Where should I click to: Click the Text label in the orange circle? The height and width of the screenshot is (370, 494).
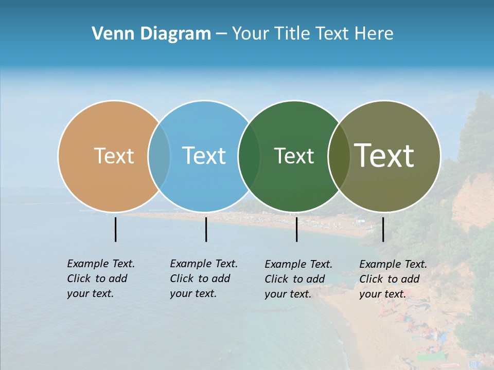click(114, 156)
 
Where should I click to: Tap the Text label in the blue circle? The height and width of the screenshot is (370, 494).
click(204, 156)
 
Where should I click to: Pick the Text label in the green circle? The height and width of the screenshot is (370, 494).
click(294, 156)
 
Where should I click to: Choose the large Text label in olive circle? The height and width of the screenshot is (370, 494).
click(384, 156)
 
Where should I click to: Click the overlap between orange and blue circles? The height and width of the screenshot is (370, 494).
click(159, 156)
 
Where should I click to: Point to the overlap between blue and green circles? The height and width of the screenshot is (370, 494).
click(249, 156)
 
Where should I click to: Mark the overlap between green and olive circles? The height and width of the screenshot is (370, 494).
click(338, 156)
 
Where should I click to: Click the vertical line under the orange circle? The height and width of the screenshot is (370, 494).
click(115, 229)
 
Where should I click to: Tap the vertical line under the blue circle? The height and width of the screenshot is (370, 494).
click(206, 229)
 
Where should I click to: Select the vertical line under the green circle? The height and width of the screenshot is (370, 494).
click(296, 229)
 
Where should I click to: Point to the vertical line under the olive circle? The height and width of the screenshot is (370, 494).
click(383, 229)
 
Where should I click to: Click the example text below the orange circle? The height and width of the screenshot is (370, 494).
click(101, 279)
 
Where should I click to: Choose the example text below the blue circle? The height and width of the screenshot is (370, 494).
click(204, 279)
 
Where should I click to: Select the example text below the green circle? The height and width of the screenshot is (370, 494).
click(298, 279)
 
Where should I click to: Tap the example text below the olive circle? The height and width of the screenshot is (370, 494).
click(393, 279)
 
